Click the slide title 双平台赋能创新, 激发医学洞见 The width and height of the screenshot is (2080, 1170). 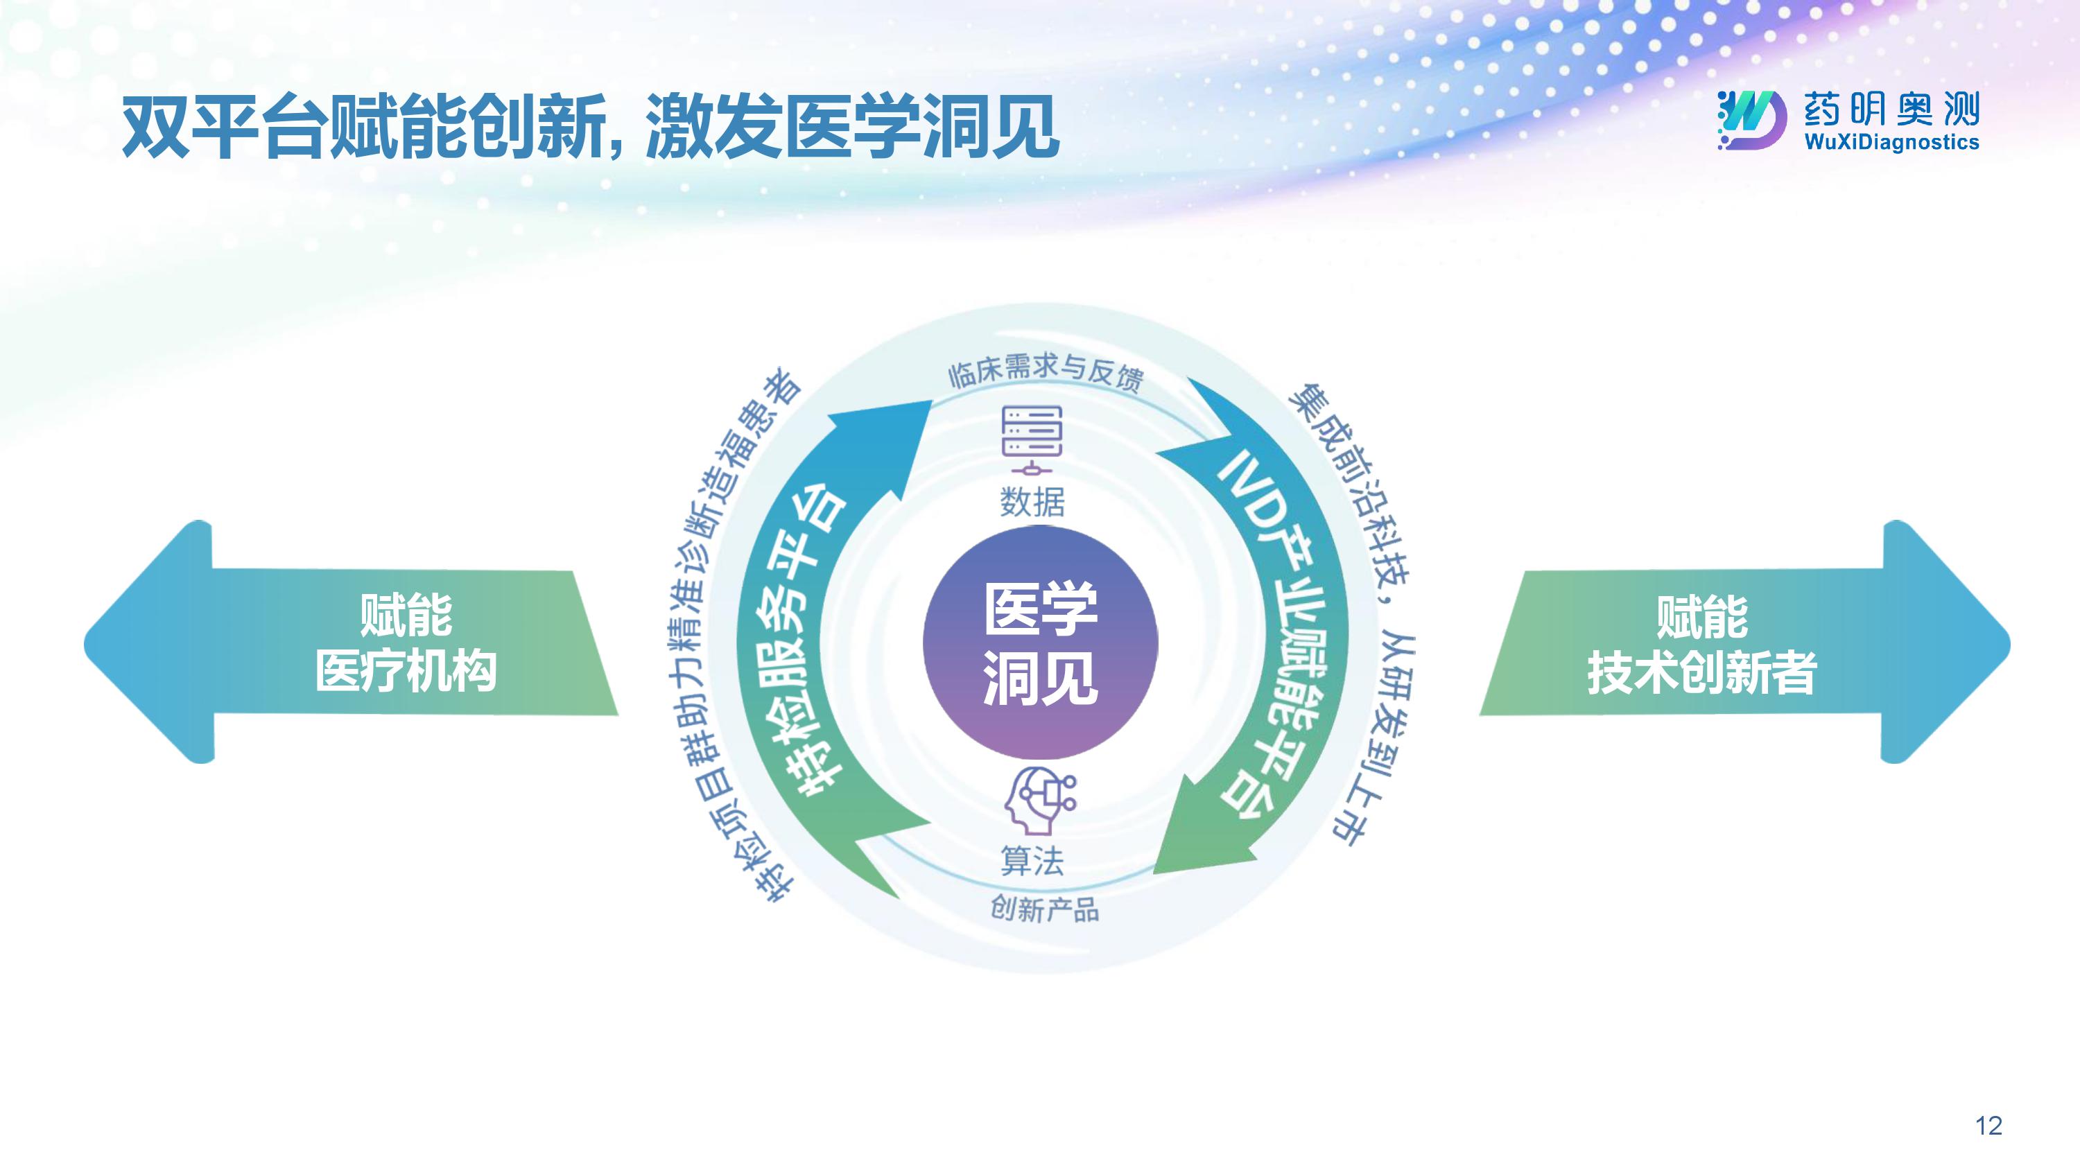pyautogui.click(x=589, y=127)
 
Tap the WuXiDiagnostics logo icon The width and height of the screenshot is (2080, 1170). pyautogui.click(x=1750, y=121)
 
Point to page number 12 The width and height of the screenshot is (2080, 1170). pyautogui.click(x=1988, y=1125)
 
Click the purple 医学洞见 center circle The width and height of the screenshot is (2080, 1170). pyautogui.click(x=1040, y=642)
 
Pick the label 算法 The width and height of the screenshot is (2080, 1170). pyautogui.click(x=1032, y=861)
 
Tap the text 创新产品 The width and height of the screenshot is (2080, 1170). pyautogui.click(x=1044, y=910)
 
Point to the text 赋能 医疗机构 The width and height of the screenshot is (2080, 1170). pyautogui.click(x=406, y=642)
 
